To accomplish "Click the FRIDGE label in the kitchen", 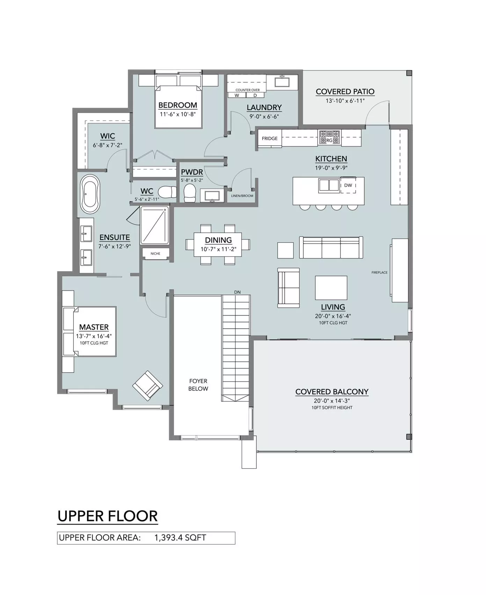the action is [x=270, y=139].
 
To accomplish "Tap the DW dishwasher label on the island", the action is [x=348, y=185].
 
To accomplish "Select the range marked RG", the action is [x=329, y=137].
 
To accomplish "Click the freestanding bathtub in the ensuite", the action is [x=90, y=194].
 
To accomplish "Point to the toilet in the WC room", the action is [x=168, y=192].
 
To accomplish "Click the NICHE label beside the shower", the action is [x=155, y=254].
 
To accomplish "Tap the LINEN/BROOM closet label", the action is [x=242, y=196].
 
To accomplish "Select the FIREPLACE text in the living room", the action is [x=379, y=272].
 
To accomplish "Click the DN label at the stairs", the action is [x=237, y=292].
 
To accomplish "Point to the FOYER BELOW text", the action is [x=198, y=385].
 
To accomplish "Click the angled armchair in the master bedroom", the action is [x=147, y=385].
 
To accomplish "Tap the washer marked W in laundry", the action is [x=237, y=95].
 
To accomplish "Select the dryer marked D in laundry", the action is [x=255, y=95].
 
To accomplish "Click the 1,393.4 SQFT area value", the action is [x=180, y=538].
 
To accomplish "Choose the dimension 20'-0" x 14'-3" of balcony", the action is [x=332, y=401].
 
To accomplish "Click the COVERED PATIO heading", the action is [x=345, y=92].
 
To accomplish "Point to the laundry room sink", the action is [x=282, y=82].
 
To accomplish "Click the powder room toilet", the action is [x=190, y=193].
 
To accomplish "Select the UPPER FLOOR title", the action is [x=108, y=516].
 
